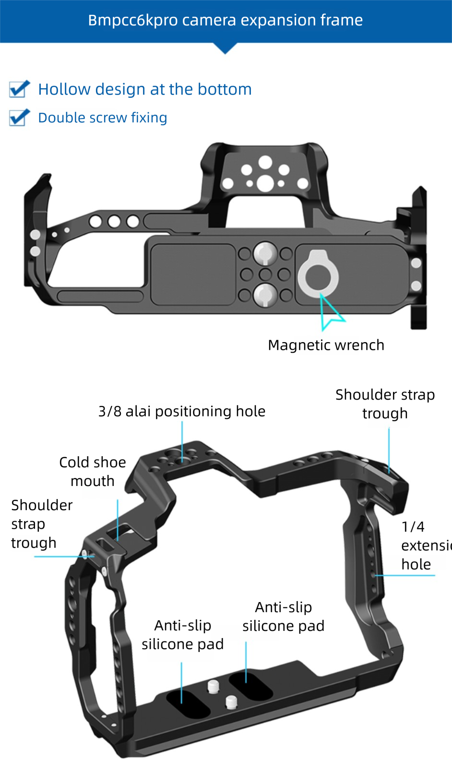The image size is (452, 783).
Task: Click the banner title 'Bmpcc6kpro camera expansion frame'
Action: click(x=225, y=20)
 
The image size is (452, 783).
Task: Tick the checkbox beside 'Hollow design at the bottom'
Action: click(x=19, y=89)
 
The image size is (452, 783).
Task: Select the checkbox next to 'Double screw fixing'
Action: click(x=19, y=118)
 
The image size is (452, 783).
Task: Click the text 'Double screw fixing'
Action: click(x=103, y=118)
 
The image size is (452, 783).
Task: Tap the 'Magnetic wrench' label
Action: click(x=326, y=345)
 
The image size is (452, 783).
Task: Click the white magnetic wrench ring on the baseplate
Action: click(x=318, y=275)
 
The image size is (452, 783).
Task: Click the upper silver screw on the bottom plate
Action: click(x=264, y=253)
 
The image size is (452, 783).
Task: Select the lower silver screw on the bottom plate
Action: click(x=264, y=294)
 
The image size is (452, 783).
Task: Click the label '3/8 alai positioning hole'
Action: click(x=181, y=411)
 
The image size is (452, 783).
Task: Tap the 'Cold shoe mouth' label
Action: click(x=93, y=471)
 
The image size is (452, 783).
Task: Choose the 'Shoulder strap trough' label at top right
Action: click(x=385, y=403)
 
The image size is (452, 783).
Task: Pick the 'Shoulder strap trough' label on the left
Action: click(x=41, y=523)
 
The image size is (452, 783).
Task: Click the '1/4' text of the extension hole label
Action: click(x=413, y=527)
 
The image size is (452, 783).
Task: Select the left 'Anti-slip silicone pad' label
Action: click(x=182, y=634)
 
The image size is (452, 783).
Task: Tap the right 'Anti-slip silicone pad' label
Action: click(x=283, y=616)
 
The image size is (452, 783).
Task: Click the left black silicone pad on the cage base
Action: click(x=188, y=704)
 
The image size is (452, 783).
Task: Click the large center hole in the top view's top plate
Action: click(x=265, y=183)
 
